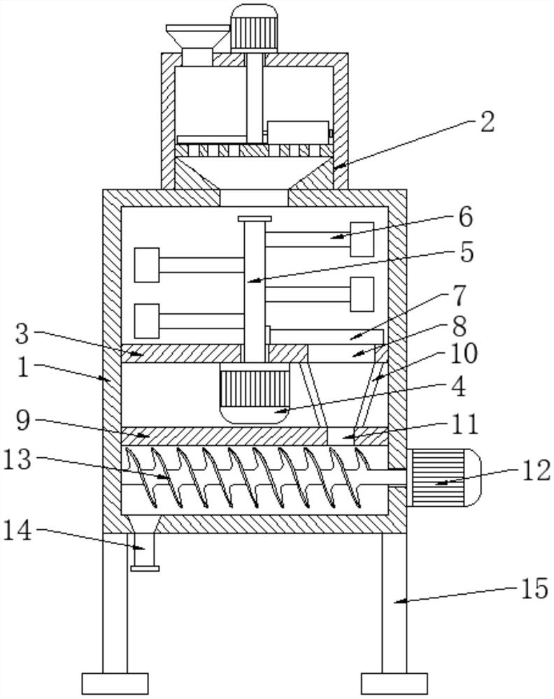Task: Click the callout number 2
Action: (x=487, y=122)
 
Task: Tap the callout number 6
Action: (x=464, y=217)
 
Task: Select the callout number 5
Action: (x=466, y=252)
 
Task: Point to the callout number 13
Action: (x=19, y=460)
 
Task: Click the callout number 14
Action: (x=18, y=531)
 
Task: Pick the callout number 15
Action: (x=534, y=588)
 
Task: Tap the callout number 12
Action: (x=536, y=470)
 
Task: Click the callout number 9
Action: (x=23, y=420)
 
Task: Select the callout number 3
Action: (x=22, y=334)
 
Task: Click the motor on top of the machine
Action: (x=254, y=28)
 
